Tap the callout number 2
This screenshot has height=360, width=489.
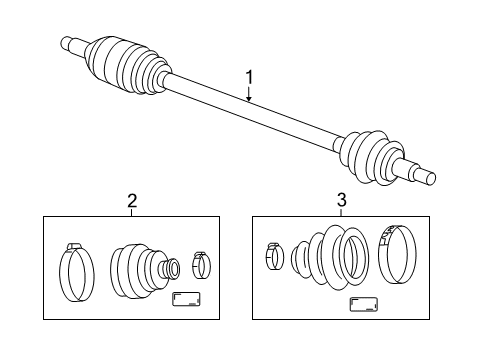coord(132,201)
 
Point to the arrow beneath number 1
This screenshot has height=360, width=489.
coord(248,95)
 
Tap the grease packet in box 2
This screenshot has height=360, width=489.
coord(186,300)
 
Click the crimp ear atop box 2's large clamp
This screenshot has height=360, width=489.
coord(72,246)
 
